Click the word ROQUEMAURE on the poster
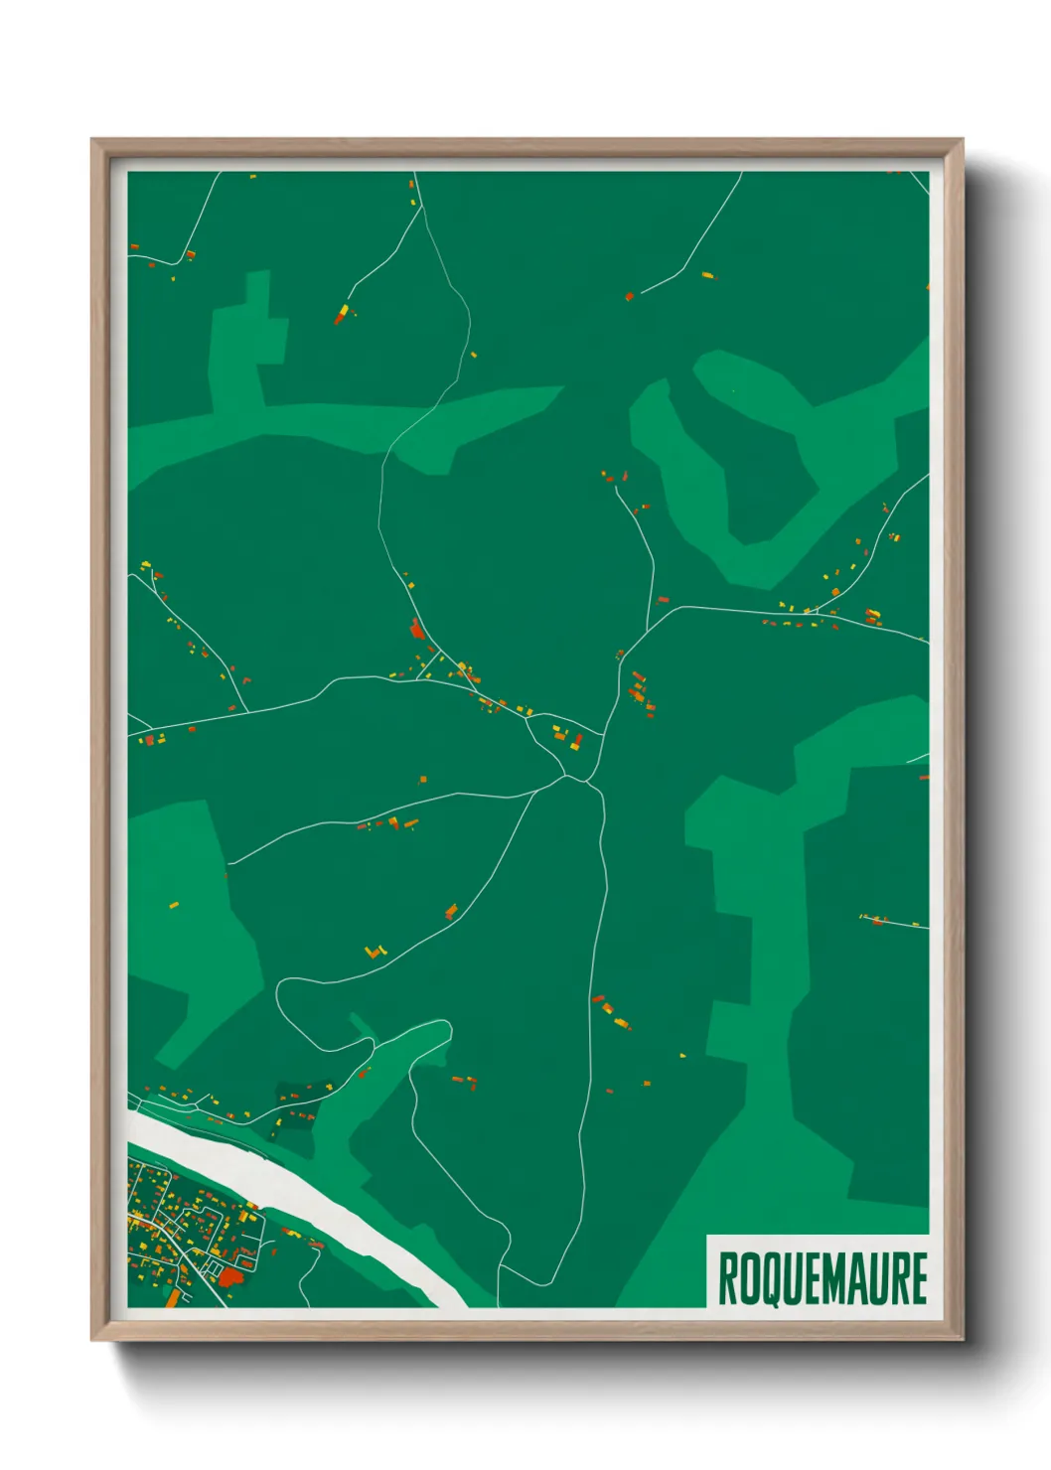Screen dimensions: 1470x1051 click(822, 1278)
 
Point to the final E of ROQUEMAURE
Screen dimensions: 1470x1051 click(918, 1278)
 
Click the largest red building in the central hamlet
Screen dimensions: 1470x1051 click(417, 629)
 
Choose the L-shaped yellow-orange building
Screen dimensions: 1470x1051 click(374, 952)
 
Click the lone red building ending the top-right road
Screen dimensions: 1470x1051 click(629, 296)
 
